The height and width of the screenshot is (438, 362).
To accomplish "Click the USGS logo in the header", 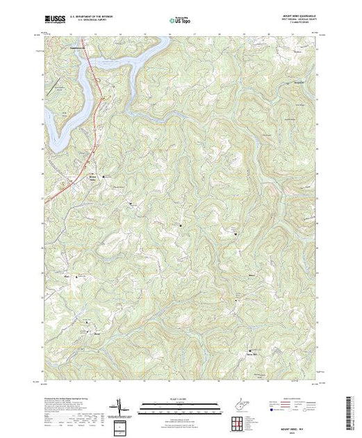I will coord(56,21).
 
